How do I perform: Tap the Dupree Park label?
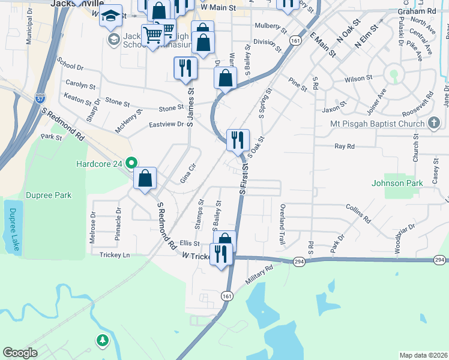pos(48,195)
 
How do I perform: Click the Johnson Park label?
pos(393,183)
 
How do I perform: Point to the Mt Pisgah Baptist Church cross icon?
pos(435,124)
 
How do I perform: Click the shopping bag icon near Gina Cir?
pos(145,179)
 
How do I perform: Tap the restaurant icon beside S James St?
pos(185,68)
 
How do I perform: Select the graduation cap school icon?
pos(110,17)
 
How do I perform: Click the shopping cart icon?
pos(153,35)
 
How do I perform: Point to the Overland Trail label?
pos(282,223)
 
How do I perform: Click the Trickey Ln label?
pos(114,255)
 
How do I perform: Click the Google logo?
pos(20,353)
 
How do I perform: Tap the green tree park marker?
pos(103,341)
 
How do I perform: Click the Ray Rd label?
pos(345,146)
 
